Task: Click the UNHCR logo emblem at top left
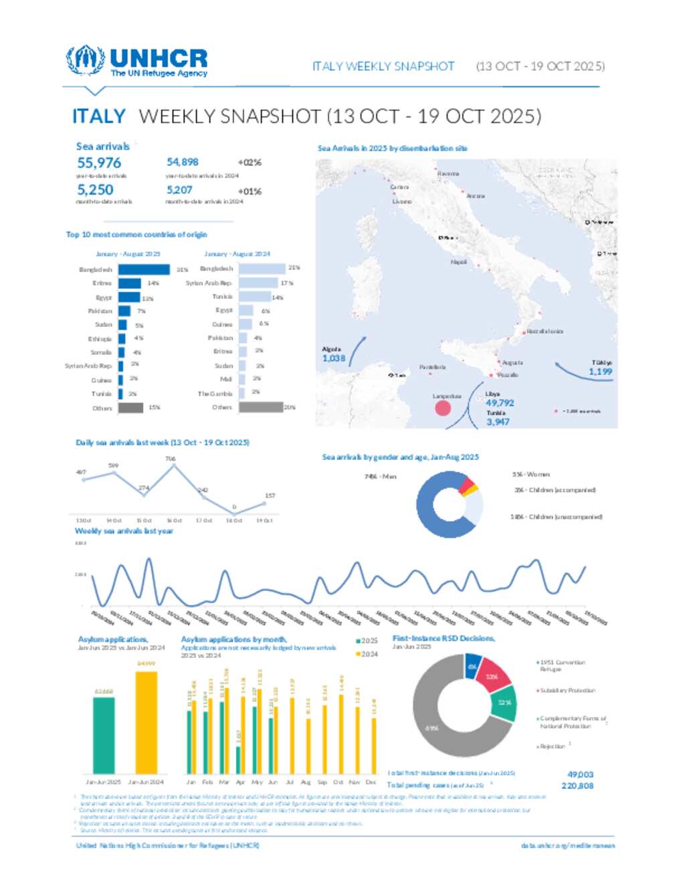pos(85,60)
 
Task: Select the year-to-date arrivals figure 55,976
pos(99,163)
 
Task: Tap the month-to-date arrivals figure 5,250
pos(95,190)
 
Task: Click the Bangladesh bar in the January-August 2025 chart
pos(144,269)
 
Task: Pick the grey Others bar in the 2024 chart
pos(260,407)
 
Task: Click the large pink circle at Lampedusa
pos(443,407)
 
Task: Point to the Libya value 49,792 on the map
pos(500,403)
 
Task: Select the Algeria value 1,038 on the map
pos(334,358)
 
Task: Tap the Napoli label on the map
pos(459,262)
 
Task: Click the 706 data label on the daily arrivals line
pos(171,459)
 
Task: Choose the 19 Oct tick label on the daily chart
pos(264,520)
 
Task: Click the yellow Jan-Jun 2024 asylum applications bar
pos(146,722)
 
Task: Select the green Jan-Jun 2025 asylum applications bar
pos(104,736)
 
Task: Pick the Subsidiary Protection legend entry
pos(567,690)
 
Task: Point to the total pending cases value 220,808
pos(577,786)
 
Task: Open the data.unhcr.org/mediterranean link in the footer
pos(568,846)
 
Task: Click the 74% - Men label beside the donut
pos(381,477)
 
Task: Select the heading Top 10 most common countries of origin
pos(136,235)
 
